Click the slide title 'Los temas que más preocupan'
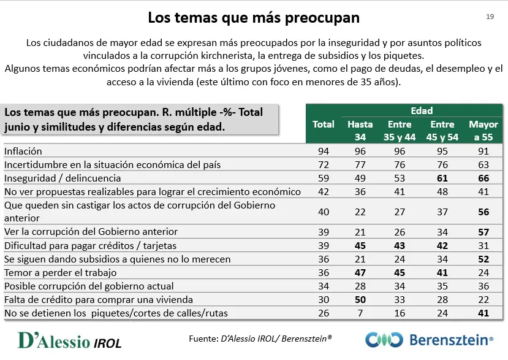tap(254, 17)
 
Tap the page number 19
tap(490, 17)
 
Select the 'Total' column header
tap(324, 124)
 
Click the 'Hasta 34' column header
tap(360, 131)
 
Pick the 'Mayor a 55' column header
tap(483, 131)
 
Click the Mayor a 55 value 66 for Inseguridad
tap(483, 178)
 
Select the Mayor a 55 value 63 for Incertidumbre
tap(483, 164)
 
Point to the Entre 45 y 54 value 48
tap(442, 191)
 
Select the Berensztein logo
tap(430, 340)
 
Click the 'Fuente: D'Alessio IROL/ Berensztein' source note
tap(260, 339)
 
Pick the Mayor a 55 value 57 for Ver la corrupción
tap(483, 232)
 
